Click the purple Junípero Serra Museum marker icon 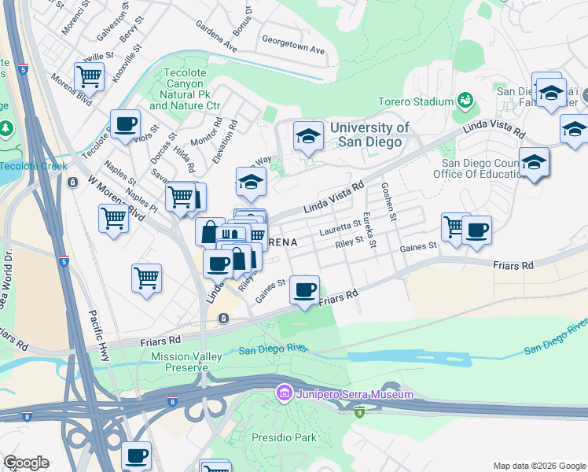[284, 393]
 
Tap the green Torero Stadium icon [465, 101]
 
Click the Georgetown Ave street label [292, 43]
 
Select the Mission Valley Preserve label [187, 363]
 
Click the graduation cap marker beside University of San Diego [309, 137]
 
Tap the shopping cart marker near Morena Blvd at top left [90, 77]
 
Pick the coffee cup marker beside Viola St [125, 124]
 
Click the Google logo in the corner [26, 463]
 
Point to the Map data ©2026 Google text [538, 466]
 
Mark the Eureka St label [366, 231]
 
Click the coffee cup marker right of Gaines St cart [476, 230]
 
